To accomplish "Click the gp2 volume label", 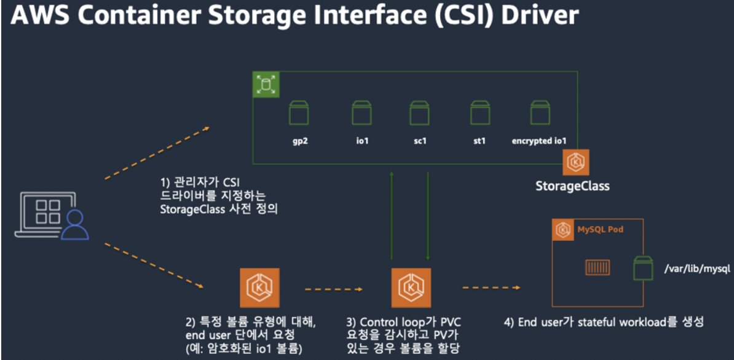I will tap(300, 141).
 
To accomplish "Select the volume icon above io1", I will tap(361, 113).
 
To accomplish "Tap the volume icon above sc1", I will tap(419, 113).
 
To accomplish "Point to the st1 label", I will tap(479, 141).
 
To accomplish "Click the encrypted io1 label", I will tap(539, 141).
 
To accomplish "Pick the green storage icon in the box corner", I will tap(266, 85).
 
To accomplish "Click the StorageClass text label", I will tap(572, 185).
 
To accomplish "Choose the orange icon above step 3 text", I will tap(411, 288).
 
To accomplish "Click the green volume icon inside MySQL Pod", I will tap(644, 268).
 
